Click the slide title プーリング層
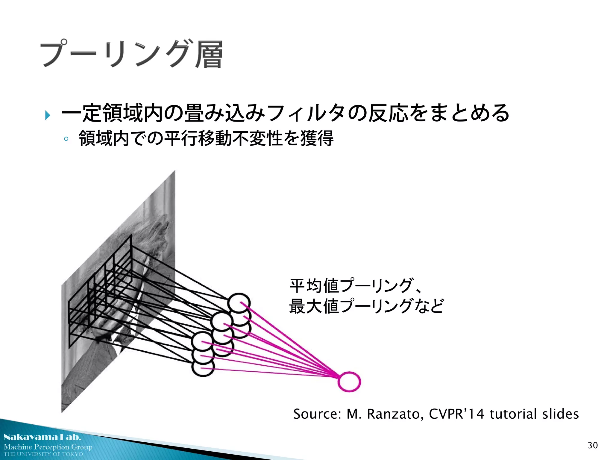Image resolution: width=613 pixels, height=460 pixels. click(x=132, y=54)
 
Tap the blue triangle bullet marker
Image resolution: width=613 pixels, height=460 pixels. click(x=47, y=115)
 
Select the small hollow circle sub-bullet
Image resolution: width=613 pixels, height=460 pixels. click(x=66, y=139)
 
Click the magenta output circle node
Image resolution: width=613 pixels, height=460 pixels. click(x=349, y=382)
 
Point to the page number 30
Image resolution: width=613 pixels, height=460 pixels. click(x=593, y=445)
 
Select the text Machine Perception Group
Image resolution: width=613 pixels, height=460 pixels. click(x=48, y=447)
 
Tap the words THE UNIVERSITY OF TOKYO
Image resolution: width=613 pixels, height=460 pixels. click(x=43, y=454)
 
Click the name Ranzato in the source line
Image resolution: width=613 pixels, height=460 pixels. click(x=395, y=414)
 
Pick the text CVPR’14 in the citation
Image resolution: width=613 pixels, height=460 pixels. click(x=456, y=414)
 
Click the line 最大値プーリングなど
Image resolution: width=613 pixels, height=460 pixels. click(x=366, y=306)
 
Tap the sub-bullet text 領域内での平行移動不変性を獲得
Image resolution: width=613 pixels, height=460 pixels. click(x=206, y=138)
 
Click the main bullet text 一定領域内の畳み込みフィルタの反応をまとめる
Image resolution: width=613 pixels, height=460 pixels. click(x=285, y=113)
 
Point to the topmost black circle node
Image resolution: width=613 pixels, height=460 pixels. click(x=239, y=303)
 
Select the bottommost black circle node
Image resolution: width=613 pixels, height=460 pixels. click(x=203, y=367)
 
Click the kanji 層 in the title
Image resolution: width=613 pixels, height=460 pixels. click(x=209, y=55)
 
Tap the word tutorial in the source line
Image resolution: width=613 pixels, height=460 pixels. click(x=513, y=414)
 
